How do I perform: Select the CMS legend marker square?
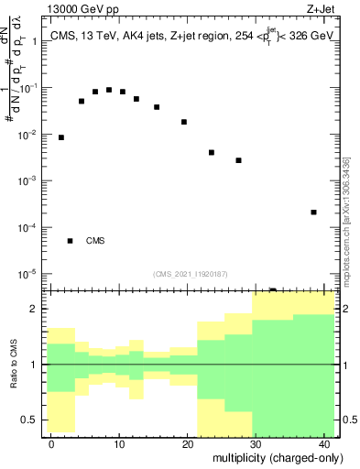point(70,241)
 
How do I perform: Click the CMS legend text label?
point(95,241)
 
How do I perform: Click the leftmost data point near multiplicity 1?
point(61,137)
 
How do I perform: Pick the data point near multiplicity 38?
point(313,213)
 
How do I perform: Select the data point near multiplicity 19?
point(184,122)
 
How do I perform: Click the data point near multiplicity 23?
point(212,152)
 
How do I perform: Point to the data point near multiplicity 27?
point(238,160)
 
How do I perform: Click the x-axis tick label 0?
point(51,443)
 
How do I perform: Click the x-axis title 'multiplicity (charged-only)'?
point(273,457)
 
